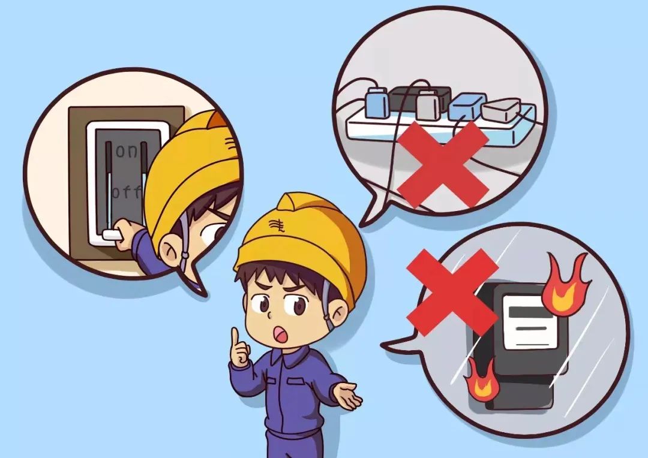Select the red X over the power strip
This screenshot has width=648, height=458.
(x=443, y=164)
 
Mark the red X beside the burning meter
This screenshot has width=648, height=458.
(x=452, y=292)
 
